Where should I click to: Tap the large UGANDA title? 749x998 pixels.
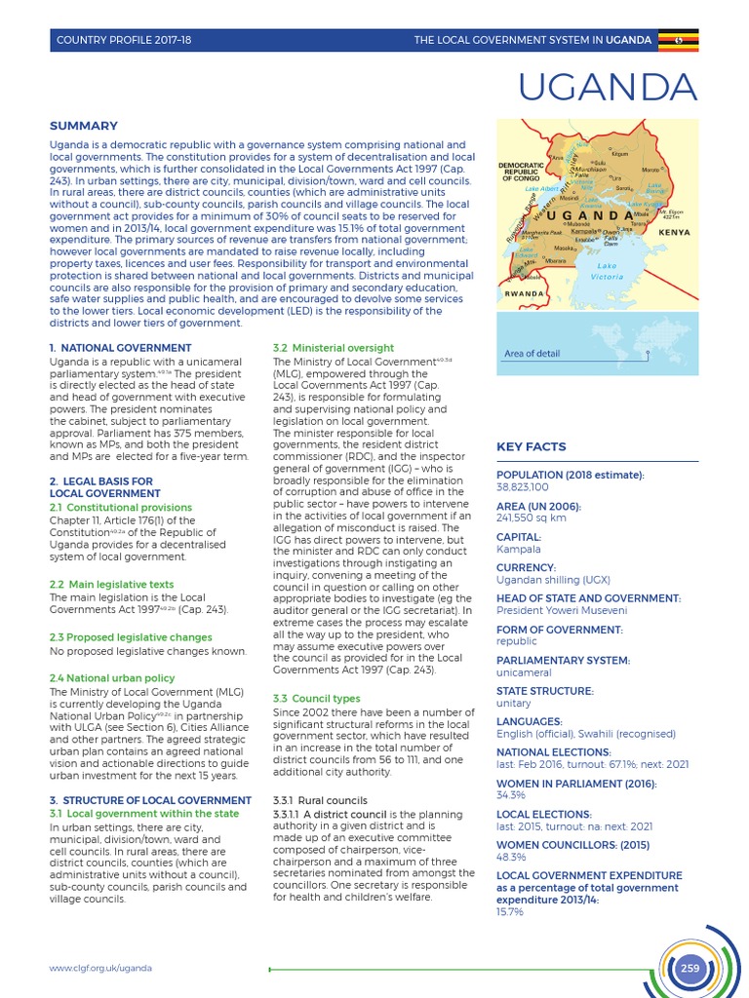[608, 88]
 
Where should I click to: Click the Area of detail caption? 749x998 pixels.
[534, 353]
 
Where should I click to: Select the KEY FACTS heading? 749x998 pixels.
[531, 446]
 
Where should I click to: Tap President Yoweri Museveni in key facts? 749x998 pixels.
[561, 610]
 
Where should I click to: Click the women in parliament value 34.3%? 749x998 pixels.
[511, 795]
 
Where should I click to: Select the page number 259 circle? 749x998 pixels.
[690, 968]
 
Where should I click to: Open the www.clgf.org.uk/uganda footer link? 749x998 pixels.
[101, 968]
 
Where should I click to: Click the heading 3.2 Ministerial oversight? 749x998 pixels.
[320, 347]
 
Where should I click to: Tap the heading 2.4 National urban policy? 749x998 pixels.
[112, 677]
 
